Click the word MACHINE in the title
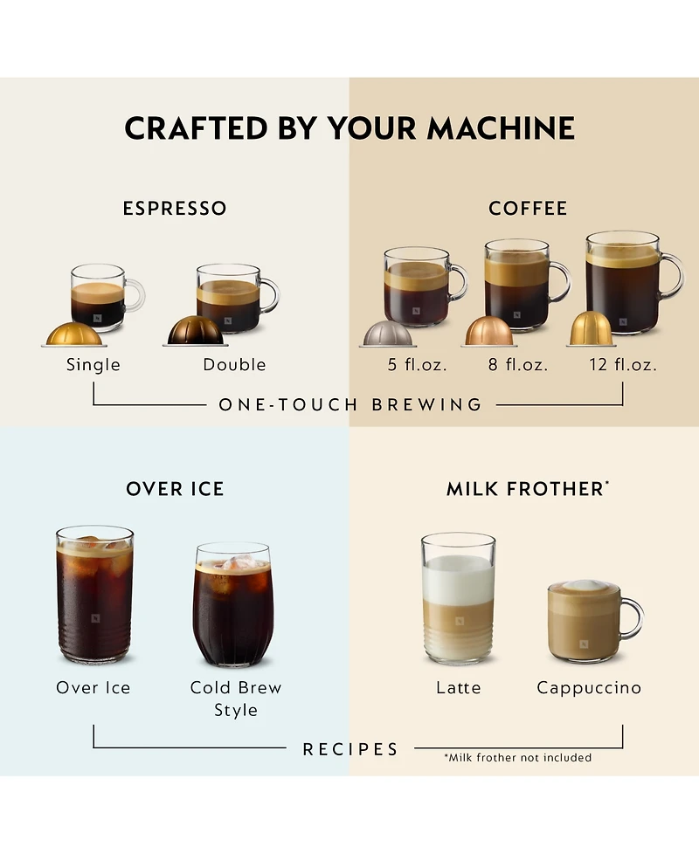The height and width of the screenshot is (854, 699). click(x=501, y=128)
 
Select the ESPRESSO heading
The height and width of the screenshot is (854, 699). click(x=175, y=209)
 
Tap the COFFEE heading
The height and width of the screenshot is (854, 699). click(x=528, y=209)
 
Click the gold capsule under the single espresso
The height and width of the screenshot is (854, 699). click(x=73, y=334)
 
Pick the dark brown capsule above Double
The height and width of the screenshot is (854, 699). click(x=197, y=332)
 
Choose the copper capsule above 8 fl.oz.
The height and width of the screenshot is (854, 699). click(x=489, y=331)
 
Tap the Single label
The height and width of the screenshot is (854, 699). click(x=93, y=365)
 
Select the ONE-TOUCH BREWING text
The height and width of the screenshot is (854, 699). click(x=350, y=405)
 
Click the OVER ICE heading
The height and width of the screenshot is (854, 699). click(x=175, y=489)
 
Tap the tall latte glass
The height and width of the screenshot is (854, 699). click(x=458, y=598)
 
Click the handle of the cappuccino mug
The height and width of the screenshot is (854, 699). click(x=632, y=619)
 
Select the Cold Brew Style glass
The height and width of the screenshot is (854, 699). click(x=232, y=604)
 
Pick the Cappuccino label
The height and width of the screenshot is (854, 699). click(x=589, y=688)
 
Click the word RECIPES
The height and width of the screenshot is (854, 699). click(x=350, y=749)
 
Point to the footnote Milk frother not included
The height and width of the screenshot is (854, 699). click(x=517, y=758)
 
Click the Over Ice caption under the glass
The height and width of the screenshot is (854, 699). click(x=93, y=688)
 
